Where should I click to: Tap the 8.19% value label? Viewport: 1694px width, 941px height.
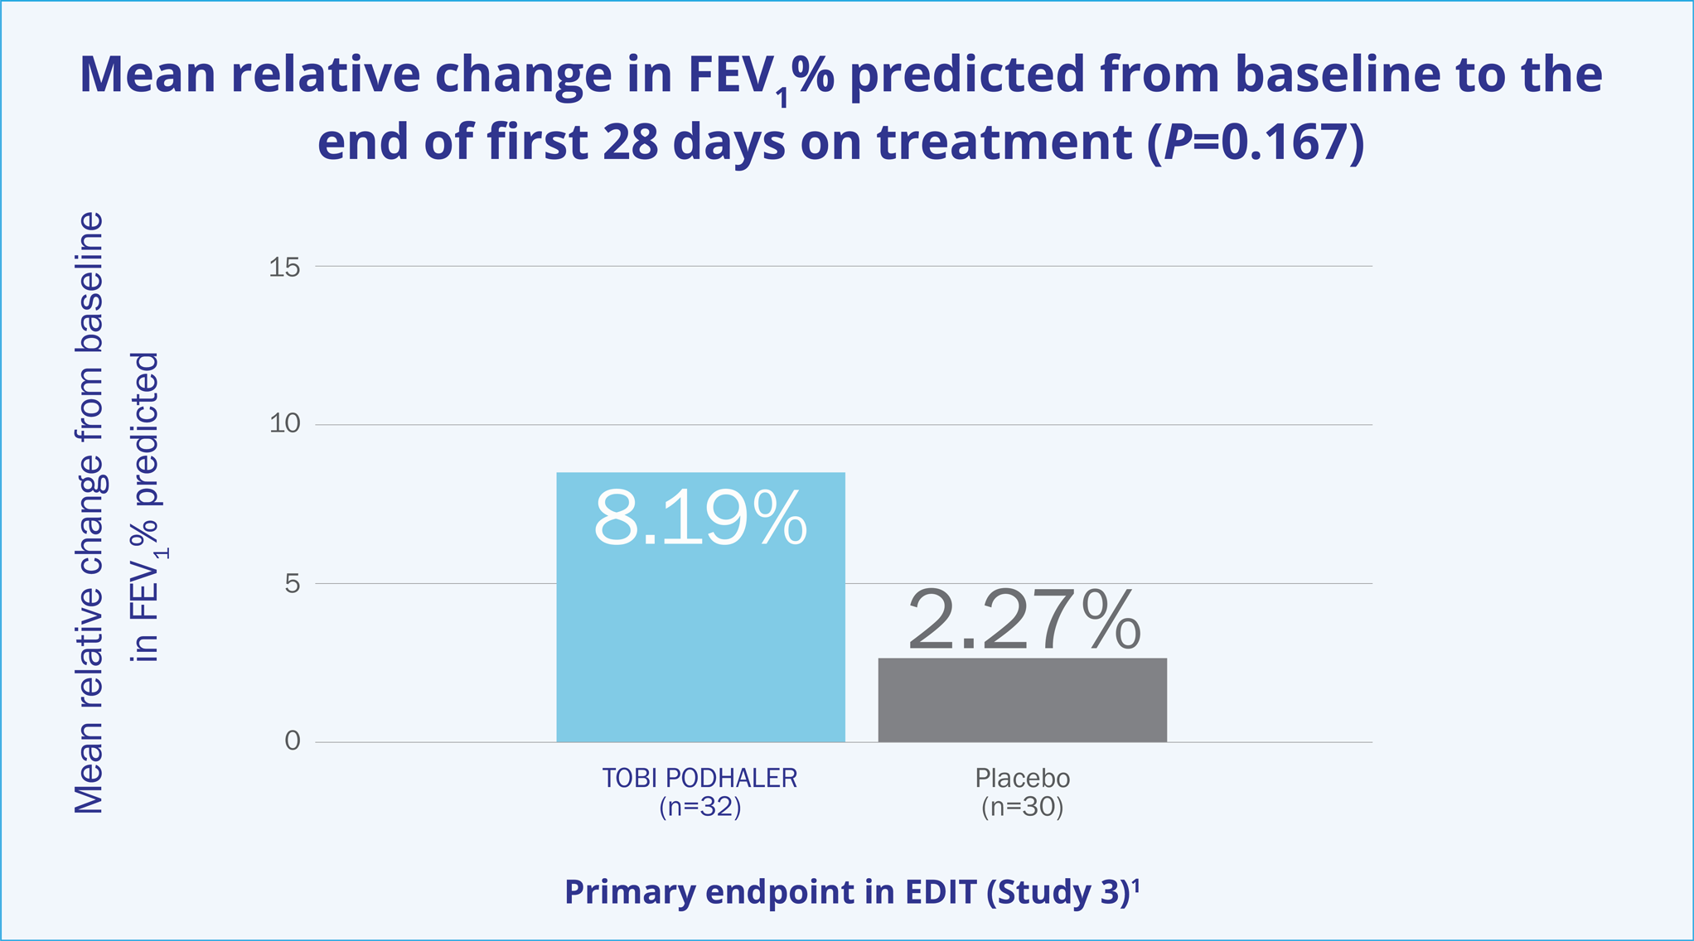click(x=700, y=519)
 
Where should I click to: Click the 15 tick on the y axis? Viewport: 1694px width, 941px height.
click(x=284, y=267)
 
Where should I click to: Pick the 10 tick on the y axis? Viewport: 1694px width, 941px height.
click(x=284, y=423)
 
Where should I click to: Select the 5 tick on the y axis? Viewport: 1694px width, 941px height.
click(x=292, y=583)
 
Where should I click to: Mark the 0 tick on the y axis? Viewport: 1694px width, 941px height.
click(x=292, y=741)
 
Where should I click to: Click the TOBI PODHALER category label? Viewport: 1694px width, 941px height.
click(x=699, y=778)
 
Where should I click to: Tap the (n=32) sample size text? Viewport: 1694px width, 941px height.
click(x=699, y=807)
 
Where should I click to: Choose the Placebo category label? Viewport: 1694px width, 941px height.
click(x=1022, y=778)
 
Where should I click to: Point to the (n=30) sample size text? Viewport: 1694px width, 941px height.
click(x=1022, y=807)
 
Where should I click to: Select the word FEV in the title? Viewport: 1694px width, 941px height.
click(x=731, y=75)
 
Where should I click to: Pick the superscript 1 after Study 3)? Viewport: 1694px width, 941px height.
click(x=1136, y=885)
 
